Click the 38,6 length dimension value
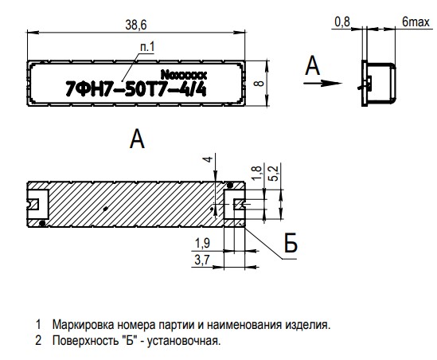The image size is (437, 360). pos(136,25)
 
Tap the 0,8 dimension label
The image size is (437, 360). pos(342,22)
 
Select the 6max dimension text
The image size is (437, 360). pos(416,22)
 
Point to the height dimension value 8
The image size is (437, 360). pos(259,83)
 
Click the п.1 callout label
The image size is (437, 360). pos(147,47)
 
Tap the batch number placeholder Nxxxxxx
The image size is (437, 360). pos(184,75)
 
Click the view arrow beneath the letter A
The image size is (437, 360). pos(322,83)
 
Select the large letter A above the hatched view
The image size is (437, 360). pos(137,139)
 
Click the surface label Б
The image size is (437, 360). pos(291,244)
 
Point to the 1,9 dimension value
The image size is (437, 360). pos(202,244)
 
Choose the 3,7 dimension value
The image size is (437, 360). pos(202,260)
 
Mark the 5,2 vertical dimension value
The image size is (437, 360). pos(275,174)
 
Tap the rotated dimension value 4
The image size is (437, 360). pos(208,159)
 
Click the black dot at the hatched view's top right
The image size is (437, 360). pos(230,185)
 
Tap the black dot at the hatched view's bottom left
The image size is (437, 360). pos(42,223)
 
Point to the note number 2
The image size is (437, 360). pos(38,340)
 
